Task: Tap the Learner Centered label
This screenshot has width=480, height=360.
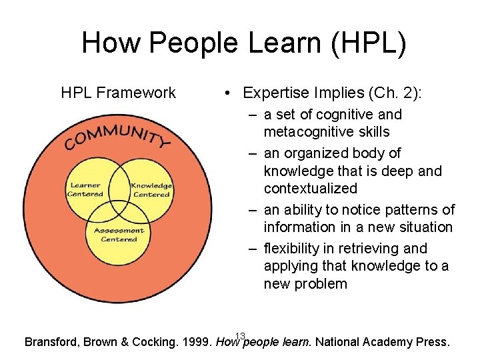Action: [85, 190]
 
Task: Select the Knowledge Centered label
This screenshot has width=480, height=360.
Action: [151, 190]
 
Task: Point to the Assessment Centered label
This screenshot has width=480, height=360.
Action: [119, 235]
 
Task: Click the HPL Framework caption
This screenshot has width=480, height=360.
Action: [118, 93]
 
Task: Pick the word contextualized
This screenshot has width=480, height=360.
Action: [311, 189]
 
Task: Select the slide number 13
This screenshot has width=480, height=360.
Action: [241, 335]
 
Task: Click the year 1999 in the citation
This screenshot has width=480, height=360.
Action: [197, 343]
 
